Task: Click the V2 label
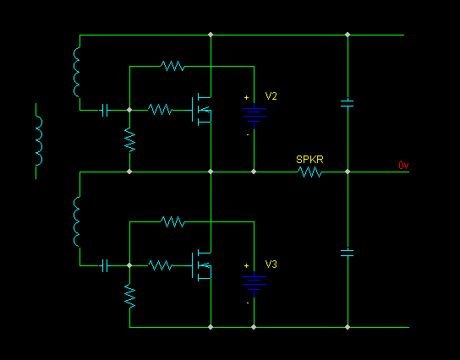click(271, 96)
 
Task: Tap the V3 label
click(271, 265)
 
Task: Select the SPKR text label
click(309, 160)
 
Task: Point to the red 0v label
click(403, 166)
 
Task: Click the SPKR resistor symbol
click(309, 172)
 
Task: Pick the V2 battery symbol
click(254, 115)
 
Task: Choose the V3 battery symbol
click(254, 283)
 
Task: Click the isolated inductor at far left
click(39, 141)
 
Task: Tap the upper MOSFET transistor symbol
click(201, 110)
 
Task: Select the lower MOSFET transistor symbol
click(201, 265)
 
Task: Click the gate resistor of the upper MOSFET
click(160, 110)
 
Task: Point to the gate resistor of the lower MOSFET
click(161, 265)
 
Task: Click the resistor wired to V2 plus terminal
click(172, 66)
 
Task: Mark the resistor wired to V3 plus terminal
click(172, 222)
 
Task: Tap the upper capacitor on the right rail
click(348, 103)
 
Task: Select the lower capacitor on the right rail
click(348, 253)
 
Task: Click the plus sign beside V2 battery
click(246, 97)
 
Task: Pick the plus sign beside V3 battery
click(246, 265)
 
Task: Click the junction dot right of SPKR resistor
click(348, 172)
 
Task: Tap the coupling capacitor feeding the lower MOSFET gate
click(105, 265)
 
